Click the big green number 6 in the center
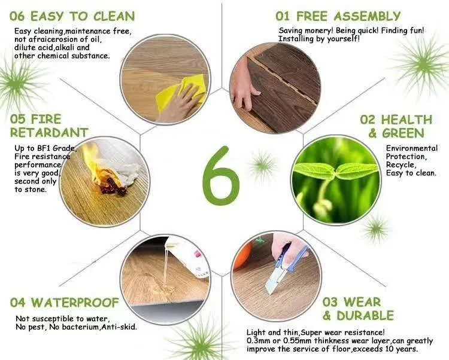click(x=220, y=176)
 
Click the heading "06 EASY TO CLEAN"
click(x=72, y=16)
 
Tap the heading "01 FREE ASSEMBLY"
click(x=338, y=16)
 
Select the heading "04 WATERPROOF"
click(x=65, y=303)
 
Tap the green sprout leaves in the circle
click(x=336, y=170)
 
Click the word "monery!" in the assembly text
click(x=318, y=30)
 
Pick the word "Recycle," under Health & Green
click(x=401, y=165)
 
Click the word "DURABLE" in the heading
click(x=365, y=316)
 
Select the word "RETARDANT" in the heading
click(x=49, y=132)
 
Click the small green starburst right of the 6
click(x=262, y=166)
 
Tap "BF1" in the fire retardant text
click(x=44, y=148)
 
